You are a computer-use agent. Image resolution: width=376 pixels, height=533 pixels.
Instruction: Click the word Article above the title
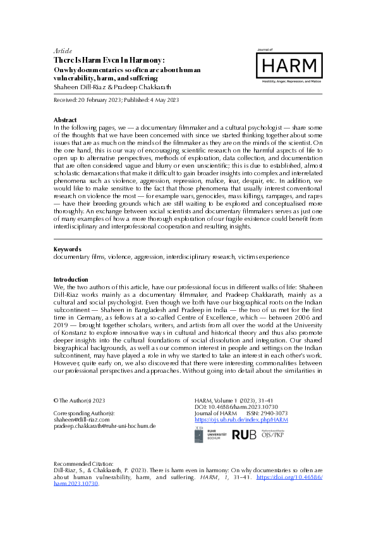63,51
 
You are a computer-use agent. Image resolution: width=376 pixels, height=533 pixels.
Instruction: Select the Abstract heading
65,120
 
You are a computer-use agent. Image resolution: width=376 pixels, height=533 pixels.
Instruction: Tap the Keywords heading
67,249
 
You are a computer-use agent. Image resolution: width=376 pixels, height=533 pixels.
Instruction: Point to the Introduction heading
71,279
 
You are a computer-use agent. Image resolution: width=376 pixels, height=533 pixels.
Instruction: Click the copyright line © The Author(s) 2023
78,401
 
